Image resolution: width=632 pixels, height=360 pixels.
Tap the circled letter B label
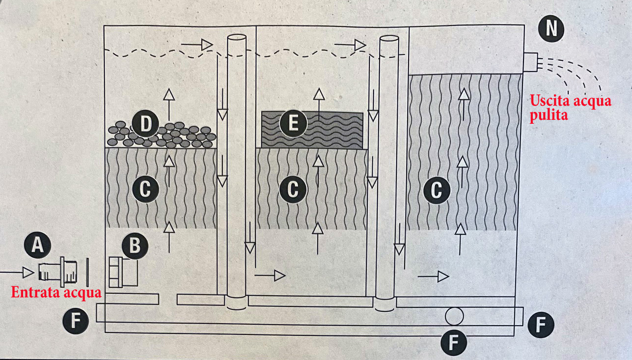pos(134,247)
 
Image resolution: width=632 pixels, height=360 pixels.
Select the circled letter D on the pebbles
pos(145,125)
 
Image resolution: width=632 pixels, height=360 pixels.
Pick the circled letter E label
pos(293,124)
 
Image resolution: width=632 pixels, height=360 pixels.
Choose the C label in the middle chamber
pos(293,190)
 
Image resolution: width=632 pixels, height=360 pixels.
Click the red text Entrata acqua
pos(56,293)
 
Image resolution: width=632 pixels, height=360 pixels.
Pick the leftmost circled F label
pos(76,322)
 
